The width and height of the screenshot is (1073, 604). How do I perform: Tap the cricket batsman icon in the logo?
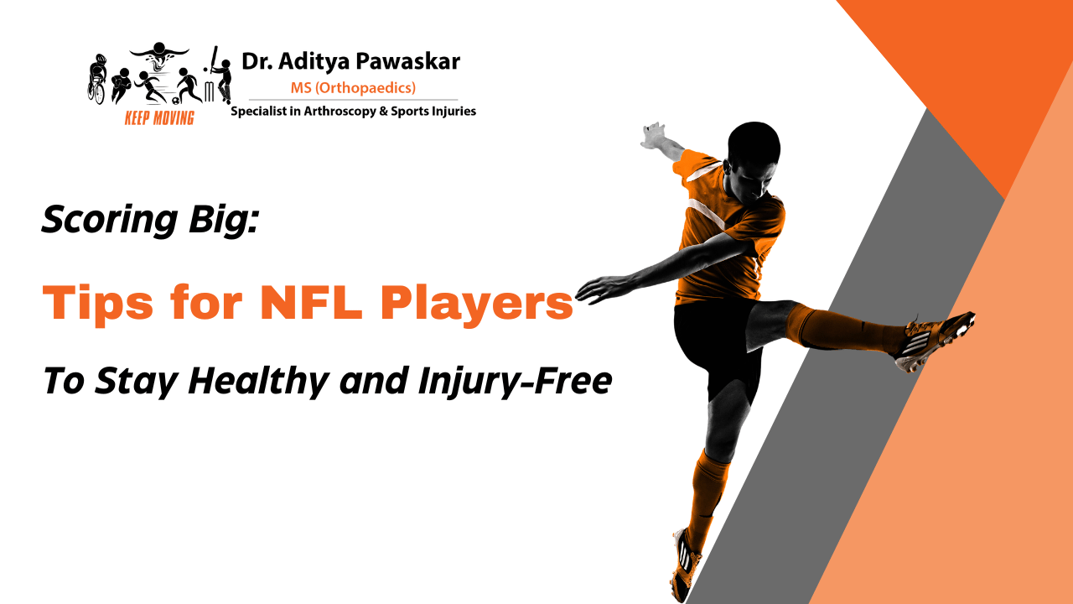pyautogui.click(x=219, y=75)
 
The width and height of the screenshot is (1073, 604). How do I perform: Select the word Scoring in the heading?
pyautogui.click(x=97, y=221)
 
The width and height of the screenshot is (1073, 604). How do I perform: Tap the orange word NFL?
pyautogui.click(x=313, y=302)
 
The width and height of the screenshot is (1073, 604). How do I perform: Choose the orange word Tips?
pyautogui.click(x=93, y=302)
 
